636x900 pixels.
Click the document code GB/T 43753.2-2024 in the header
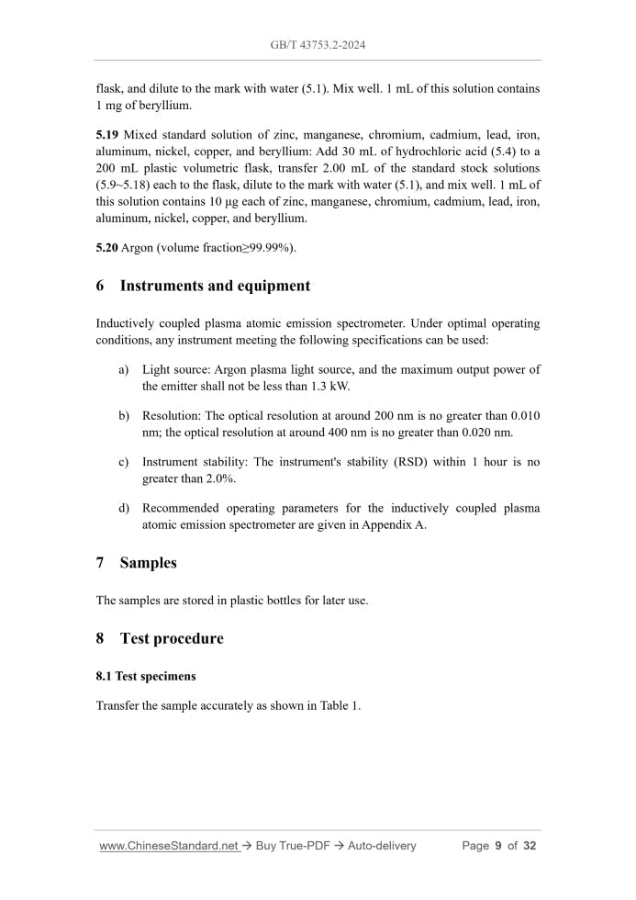(318, 44)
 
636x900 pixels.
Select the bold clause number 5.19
(107, 135)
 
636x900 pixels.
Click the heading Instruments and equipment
(215, 286)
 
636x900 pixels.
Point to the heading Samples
(148, 562)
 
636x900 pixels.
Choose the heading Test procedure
(171, 638)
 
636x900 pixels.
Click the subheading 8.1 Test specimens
(145, 676)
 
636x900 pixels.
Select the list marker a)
(123, 369)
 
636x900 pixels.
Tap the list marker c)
(123, 462)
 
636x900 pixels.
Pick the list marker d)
(123, 508)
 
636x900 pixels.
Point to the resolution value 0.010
(525, 415)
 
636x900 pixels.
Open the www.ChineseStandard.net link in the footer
(169, 846)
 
